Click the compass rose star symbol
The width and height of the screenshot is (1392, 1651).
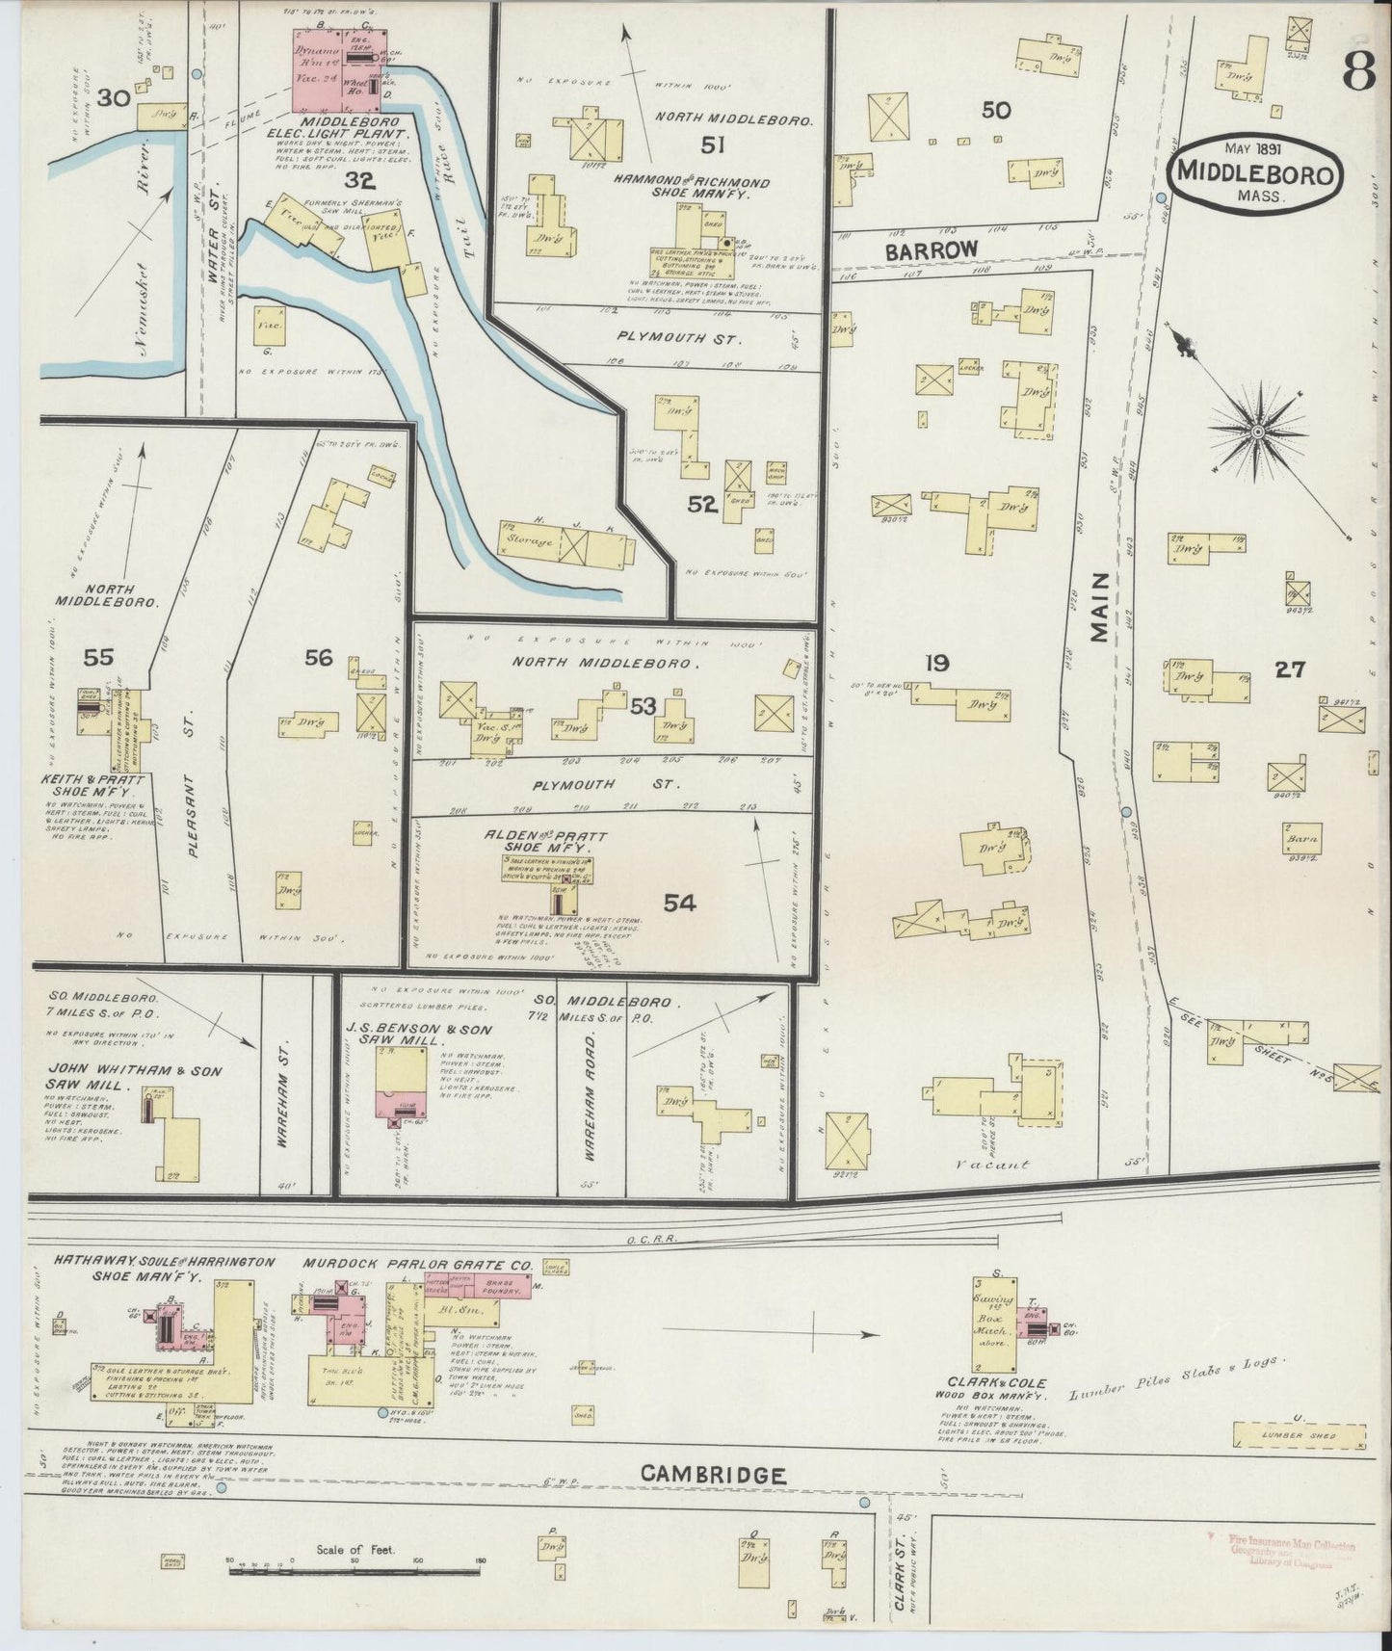(1256, 434)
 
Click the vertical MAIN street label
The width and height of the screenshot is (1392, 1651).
(1099, 607)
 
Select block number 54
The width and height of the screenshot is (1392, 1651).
(679, 903)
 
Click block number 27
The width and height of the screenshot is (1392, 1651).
(1289, 669)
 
